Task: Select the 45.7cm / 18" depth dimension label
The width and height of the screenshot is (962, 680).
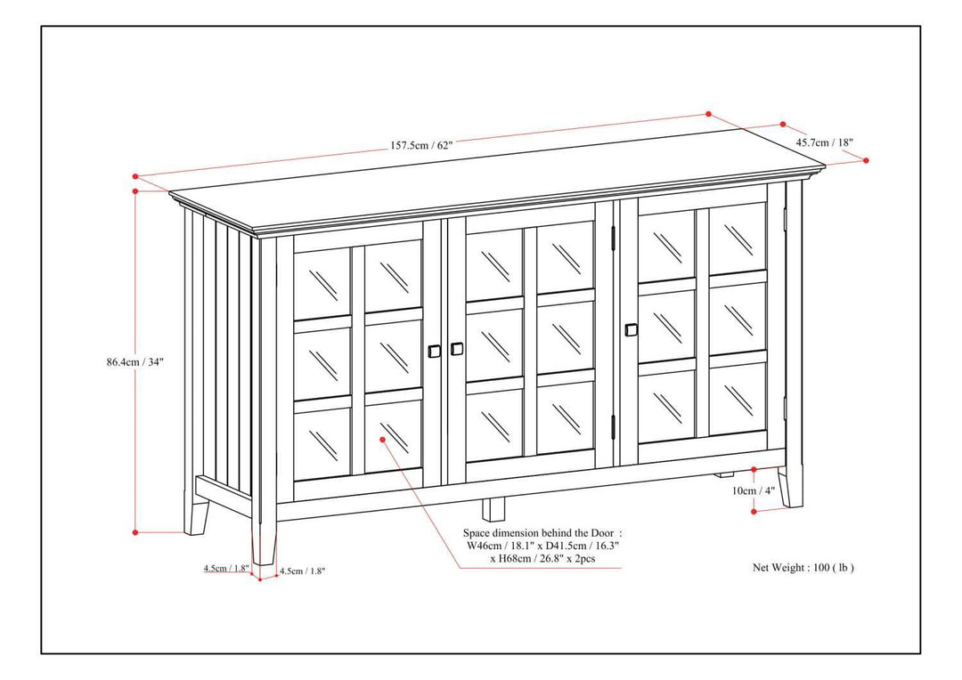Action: coord(825,142)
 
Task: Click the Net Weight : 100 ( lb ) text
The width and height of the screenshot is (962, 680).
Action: coord(803,567)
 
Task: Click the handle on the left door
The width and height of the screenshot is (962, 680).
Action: coord(436,350)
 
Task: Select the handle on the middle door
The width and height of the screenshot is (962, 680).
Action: coord(457,349)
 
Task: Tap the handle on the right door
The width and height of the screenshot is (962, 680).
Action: coord(632,329)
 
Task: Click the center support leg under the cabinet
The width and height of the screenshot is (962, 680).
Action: coord(493,508)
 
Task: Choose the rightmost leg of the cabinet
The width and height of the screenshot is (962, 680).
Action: coord(790,488)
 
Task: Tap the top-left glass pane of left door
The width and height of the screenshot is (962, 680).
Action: coord(322,281)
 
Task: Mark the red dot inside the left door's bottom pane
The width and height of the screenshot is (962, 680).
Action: coord(382,438)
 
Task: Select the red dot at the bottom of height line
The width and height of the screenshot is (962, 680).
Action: coord(135,532)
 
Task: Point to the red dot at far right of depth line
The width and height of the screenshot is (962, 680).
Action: coord(867,160)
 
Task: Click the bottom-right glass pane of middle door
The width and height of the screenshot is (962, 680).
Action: coord(565,415)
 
